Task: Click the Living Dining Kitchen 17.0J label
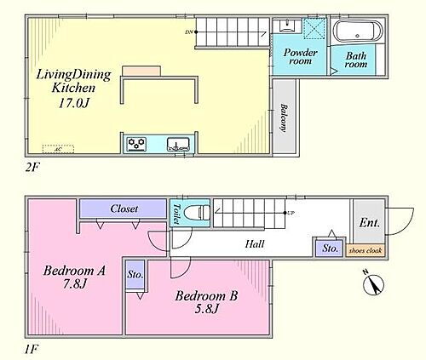pos(72,88)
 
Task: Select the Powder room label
pos(300,58)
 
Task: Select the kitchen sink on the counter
pos(178,144)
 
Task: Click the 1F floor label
pos(32,349)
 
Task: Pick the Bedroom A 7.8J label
pos(75,278)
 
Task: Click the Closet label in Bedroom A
pos(124,209)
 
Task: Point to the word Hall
pos(255,244)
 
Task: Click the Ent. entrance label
pos(368,225)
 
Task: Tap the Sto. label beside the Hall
pos(330,249)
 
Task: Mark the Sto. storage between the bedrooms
pos(135,275)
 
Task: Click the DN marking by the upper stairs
pos(188,32)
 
